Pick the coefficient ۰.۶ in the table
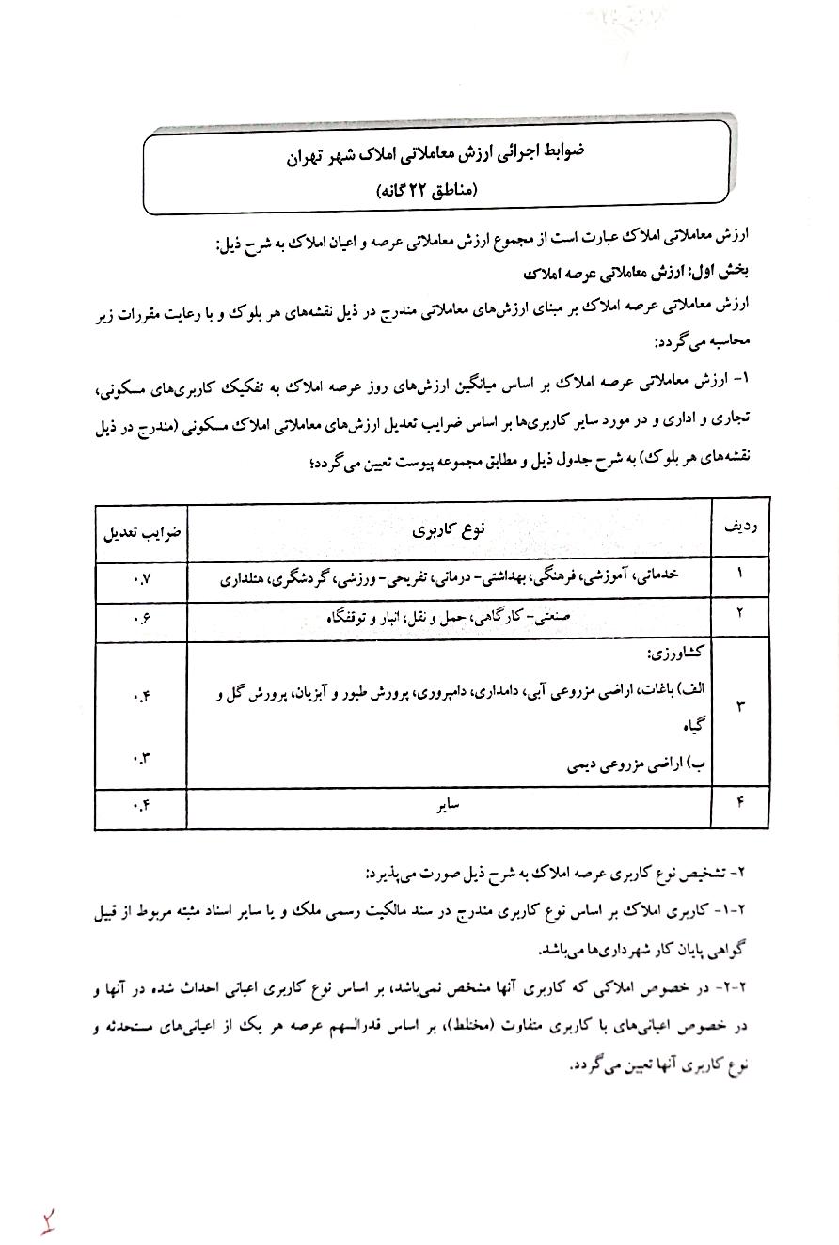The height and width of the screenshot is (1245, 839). tap(141, 616)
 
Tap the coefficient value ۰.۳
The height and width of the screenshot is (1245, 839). tap(141, 760)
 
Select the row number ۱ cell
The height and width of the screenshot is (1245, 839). tap(737, 573)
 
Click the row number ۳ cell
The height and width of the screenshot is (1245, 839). tap(737, 706)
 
